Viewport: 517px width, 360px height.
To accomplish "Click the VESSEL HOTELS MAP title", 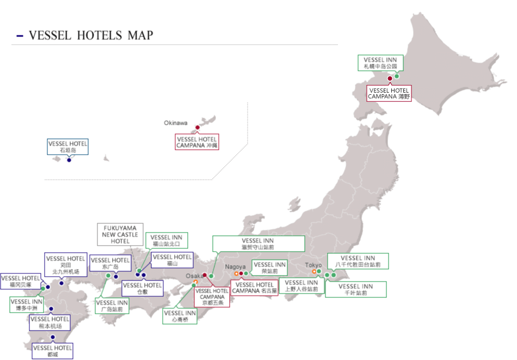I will (90, 36).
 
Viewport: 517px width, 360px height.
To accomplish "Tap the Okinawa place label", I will (175, 123).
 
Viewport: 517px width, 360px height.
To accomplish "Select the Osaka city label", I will (193, 276).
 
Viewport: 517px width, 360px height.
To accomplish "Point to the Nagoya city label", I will (235, 267).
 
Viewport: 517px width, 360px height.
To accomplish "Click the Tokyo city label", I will (313, 265).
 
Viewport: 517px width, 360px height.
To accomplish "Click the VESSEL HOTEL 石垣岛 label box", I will (68, 147).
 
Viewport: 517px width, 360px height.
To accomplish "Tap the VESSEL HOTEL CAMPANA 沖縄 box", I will (196, 142).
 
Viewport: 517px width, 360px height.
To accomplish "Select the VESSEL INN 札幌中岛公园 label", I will (380, 63).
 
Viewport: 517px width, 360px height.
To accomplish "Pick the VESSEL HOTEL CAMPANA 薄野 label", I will (389, 93).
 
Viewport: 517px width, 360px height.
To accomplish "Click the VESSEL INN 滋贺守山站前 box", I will (258, 243).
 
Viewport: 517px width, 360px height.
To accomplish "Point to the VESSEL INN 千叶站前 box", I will (356, 289).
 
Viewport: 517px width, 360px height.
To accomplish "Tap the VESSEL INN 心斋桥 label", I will (180, 316).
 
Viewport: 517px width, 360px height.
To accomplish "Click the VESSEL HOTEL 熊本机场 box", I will (50, 322).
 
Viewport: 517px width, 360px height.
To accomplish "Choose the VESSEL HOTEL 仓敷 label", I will (142, 288).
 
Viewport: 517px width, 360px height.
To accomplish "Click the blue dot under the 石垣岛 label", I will (69, 160).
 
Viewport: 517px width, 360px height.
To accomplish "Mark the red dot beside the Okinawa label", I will (198, 127).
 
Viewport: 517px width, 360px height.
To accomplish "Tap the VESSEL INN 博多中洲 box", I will (27, 305).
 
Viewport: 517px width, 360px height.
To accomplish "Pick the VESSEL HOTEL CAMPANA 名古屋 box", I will (254, 288).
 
